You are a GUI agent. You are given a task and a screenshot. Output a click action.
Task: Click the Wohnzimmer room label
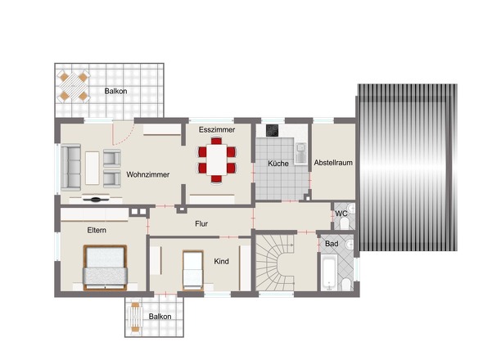click(x=148, y=174)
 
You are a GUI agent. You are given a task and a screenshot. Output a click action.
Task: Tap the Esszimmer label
click(x=217, y=129)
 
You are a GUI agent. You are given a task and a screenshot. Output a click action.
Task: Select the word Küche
click(x=278, y=163)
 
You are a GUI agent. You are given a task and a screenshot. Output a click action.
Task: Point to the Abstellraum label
click(x=333, y=163)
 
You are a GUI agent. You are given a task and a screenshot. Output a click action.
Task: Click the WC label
click(x=341, y=214)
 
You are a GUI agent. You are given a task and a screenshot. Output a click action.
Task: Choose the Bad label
click(x=332, y=244)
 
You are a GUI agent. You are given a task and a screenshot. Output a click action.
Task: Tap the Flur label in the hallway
click(x=201, y=224)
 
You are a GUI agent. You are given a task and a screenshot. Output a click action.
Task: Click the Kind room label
click(x=222, y=262)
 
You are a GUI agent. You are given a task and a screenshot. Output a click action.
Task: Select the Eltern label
click(x=97, y=230)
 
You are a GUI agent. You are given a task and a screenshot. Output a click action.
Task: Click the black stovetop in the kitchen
click(x=273, y=130)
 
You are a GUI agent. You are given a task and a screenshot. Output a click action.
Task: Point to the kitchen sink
click(x=300, y=153)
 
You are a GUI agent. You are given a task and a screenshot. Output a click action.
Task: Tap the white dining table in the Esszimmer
click(x=217, y=160)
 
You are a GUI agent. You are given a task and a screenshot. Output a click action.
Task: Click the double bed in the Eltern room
click(x=105, y=268)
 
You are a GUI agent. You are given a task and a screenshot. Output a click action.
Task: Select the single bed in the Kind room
click(x=193, y=271)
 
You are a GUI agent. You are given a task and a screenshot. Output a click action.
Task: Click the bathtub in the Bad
click(x=329, y=272)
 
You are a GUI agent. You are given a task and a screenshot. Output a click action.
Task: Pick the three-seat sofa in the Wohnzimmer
click(x=71, y=167)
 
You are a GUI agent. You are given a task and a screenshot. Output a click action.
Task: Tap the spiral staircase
click(x=275, y=263)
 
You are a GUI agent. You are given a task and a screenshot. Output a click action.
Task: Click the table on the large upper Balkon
click(x=74, y=87)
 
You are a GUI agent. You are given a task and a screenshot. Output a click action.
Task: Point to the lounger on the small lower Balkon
click(x=136, y=317)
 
